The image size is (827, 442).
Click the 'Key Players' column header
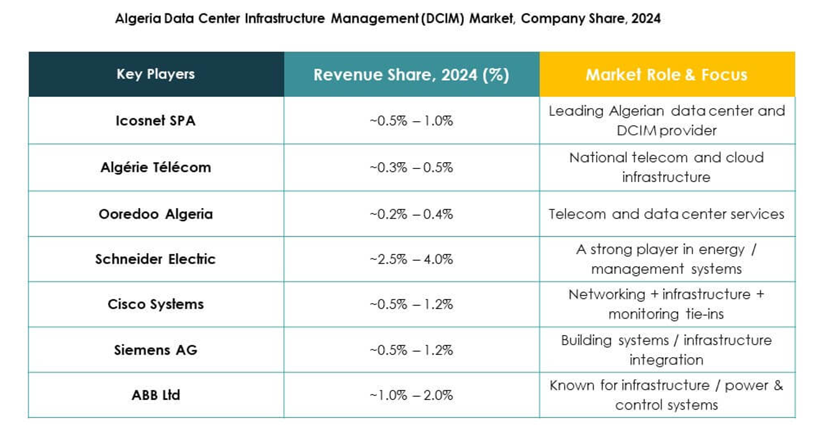[156, 74]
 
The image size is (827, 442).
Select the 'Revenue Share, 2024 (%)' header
[411, 75]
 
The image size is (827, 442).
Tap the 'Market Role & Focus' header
[666, 75]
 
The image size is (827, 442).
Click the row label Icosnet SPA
[155, 121]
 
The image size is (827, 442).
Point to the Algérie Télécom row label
[155, 167]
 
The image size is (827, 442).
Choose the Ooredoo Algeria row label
[155, 214]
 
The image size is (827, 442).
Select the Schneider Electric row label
[155, 259]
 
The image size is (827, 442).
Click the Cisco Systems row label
[155, 304]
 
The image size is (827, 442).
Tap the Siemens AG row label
[155, 349]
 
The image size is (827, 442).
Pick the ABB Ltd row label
[155, 395]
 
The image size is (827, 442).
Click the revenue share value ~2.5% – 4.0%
[411, 259]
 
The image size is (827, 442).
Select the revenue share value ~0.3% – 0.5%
[411, 167]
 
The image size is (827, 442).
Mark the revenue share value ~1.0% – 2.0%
[411, 395]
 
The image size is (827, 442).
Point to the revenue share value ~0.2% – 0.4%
[411, 214]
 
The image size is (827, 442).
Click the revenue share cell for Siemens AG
[411, 349]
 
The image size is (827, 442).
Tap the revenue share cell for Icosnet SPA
[411, 121]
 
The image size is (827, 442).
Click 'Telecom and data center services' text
[666, 214]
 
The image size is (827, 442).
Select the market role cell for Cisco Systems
[666, 304]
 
